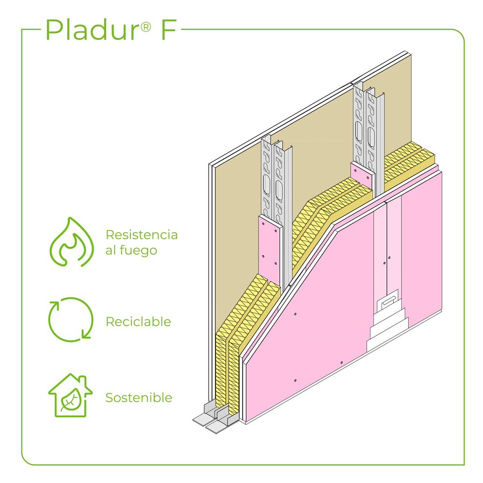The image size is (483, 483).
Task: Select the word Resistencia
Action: coord(142,235)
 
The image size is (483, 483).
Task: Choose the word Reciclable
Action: coord(138,322)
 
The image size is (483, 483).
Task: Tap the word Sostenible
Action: coord(139,398)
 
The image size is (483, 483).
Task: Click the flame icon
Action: coord(71,242)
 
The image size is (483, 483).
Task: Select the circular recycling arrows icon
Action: coord(70,319)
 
